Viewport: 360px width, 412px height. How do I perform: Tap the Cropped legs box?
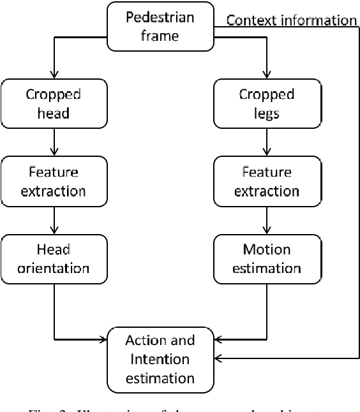(x=266, y=103)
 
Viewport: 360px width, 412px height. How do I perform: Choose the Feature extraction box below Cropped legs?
(x=266, y=182)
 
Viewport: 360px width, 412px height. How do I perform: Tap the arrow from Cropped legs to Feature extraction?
(x=266, y=142)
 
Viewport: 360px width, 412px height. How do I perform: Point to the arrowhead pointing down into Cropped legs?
(x=266, y=74)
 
